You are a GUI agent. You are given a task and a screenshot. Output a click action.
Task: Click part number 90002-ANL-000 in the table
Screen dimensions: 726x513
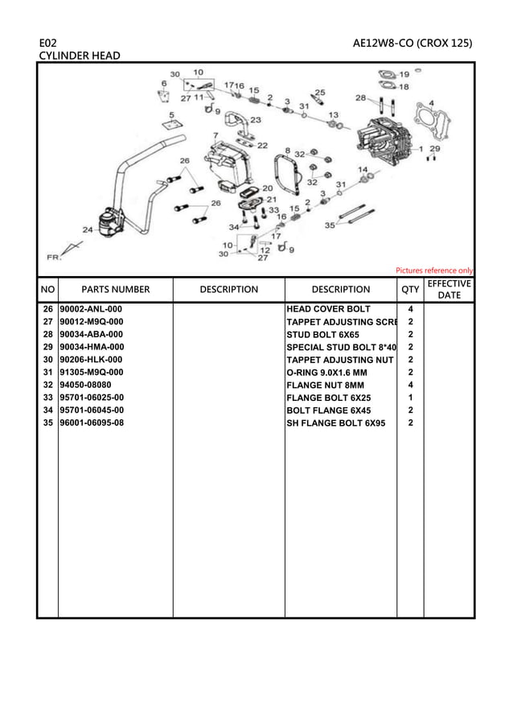click(92, 309)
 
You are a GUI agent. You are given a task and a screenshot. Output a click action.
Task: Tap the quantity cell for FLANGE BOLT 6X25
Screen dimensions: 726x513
click(410, 398)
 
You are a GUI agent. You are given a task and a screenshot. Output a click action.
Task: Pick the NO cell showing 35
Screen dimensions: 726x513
click(47, 423)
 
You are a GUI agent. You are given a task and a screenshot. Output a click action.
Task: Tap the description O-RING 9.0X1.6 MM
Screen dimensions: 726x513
click(326, 373)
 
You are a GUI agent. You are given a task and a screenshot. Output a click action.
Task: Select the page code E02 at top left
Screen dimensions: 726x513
click(47, 42)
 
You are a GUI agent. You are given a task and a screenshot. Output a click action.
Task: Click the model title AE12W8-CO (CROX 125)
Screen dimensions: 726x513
click(412, 42)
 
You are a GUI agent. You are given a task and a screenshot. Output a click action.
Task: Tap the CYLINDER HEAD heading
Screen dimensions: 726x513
click(80, 56)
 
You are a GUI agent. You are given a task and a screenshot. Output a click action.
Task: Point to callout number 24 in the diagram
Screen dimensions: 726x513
click(87, 229)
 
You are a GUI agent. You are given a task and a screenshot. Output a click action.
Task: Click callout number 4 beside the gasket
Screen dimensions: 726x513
click(432, 103)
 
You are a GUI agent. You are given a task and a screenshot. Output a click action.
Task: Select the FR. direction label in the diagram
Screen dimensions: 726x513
click(54, 258)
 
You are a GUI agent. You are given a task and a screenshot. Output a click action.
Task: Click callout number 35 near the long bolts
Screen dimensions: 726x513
click(329, 226)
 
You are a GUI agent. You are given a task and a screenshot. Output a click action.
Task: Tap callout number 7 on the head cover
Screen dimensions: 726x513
click(215, 135)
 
